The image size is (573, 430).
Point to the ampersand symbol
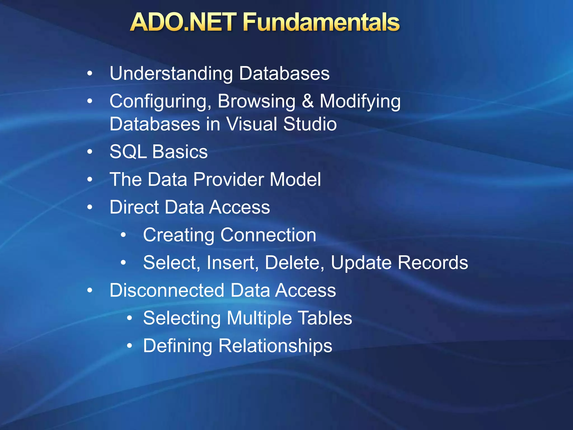(x=307, y=101)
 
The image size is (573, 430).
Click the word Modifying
(x=360, y=102)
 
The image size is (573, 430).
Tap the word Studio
(x=310, y=124)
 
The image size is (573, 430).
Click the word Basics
(x=180, y=152)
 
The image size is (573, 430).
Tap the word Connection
(x=268, y=235)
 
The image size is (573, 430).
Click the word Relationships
(x=275, y=346)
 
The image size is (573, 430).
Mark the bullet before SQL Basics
(x=90, y=152)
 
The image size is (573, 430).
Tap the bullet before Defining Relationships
(x=129, y=346)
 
